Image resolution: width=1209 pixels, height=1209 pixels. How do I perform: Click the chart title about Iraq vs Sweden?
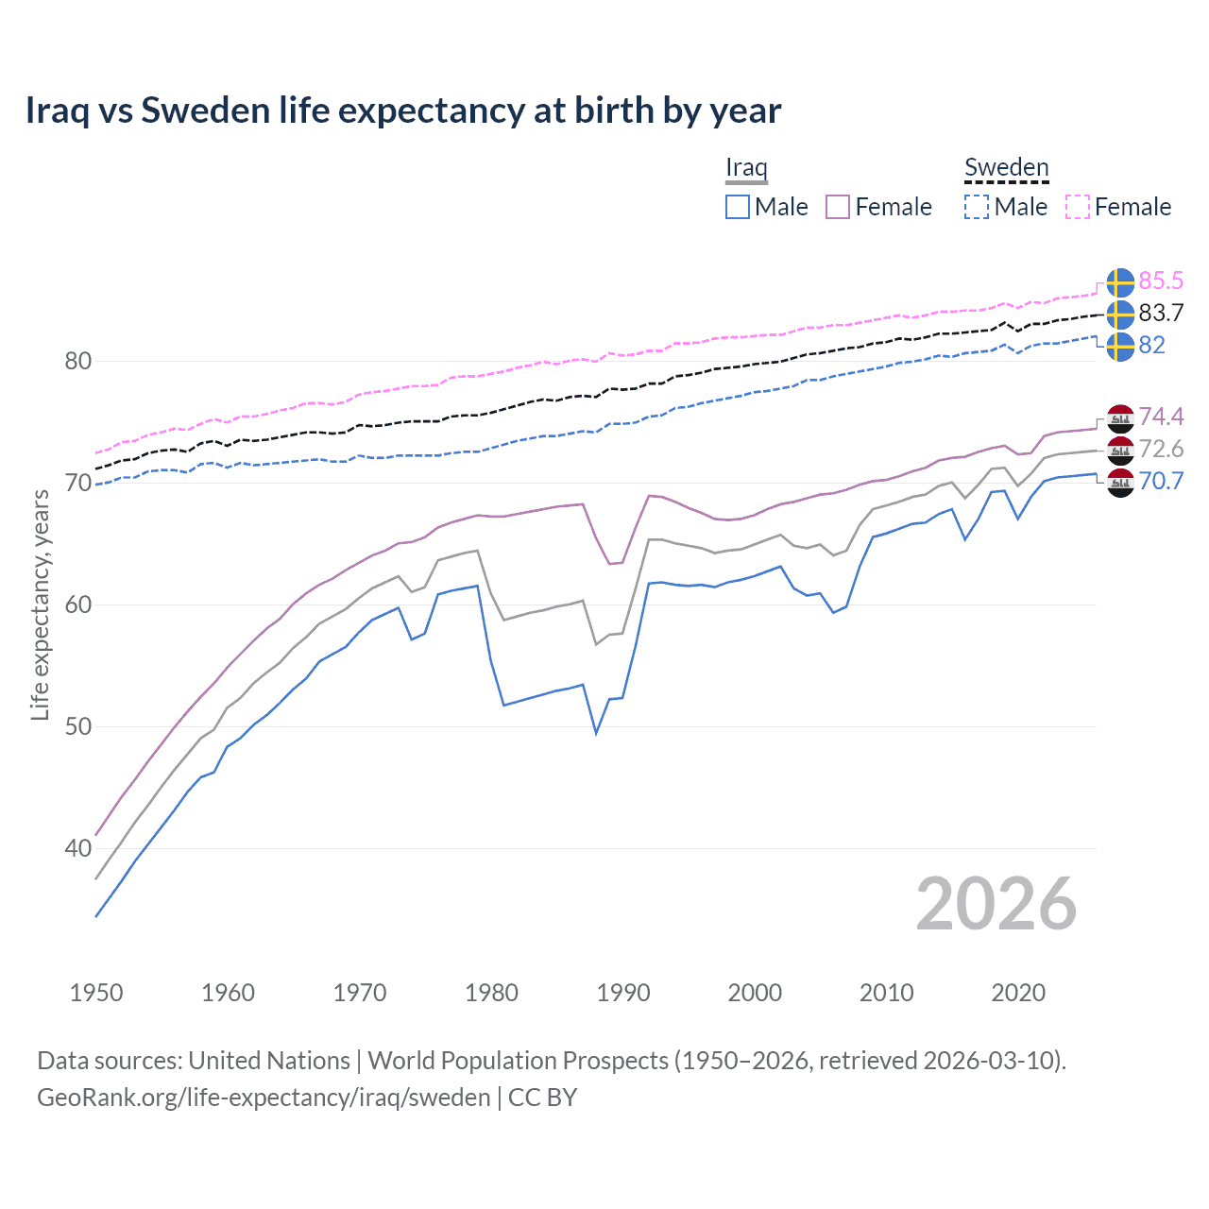pyautogui.click(x=403, y=111)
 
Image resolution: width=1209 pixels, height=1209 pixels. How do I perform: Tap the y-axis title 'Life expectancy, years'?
pyautogui.click(x=40, y=604)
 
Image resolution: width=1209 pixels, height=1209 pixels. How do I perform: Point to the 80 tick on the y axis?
pyautogui.click(x=78, y=361)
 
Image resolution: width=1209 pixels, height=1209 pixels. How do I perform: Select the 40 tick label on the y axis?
pyautogui.click(x=78, y=848)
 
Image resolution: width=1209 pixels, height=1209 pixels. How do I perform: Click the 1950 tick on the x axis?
pyautogui.click(x=96, y=993)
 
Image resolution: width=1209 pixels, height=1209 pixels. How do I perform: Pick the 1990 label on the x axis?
pyautogui.click(x=623, y=993)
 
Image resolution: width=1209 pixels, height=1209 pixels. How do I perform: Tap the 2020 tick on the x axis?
pyautogui.click(x=1018, y=993)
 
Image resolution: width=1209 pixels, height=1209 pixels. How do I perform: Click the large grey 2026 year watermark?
pyautogui.click(x=996, y=904)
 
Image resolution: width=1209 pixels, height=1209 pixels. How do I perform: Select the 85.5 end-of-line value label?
pyautogui.click(x=1161, y=281)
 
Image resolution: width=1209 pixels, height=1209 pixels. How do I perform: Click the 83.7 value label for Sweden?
pyautogui.click(x=1161, y=313)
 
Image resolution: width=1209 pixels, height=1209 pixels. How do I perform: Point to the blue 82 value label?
pyautogui.click(x=1151, y=345)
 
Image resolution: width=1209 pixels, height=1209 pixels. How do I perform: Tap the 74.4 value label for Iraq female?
pyautogui.click(x=1161, y=417)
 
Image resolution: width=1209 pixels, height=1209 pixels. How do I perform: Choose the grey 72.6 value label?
pyautogui.click(x=1161, y=449)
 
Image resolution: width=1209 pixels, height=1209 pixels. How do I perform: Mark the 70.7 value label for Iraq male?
pyautogui.click(x=1161, y=481)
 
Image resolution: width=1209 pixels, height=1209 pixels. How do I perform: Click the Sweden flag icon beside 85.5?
pyautogui.click(x=1120, y=281)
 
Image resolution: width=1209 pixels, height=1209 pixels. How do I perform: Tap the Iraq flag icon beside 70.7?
pyautogui.click(x=1120, y=482)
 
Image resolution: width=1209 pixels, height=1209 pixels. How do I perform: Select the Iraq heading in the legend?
pyautogui.click(x=746, y=167)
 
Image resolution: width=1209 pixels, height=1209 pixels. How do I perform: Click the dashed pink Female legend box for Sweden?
pyautogui.click(x=1078, y=207)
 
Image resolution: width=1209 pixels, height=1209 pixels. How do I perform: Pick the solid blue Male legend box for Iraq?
pyautogui.click(x=738, y=207)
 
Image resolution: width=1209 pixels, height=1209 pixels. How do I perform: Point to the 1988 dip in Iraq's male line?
pyautogui.click(x=596, y=732)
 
